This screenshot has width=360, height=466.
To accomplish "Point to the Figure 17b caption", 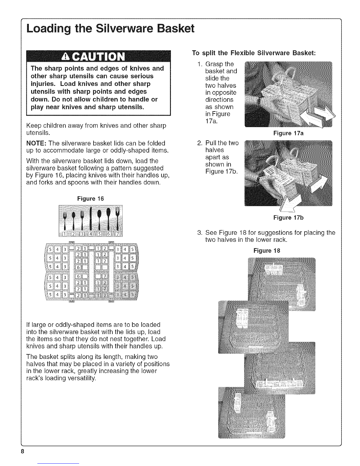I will [288, 218].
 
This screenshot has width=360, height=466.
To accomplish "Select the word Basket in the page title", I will [176, 29].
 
